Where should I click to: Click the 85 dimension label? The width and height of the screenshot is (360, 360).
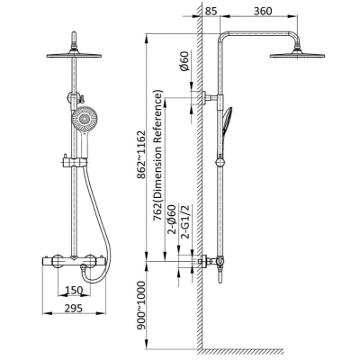pos(211,11)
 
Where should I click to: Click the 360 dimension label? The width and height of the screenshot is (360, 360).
pos(263,11)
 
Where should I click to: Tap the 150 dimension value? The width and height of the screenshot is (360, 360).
pos(74,291)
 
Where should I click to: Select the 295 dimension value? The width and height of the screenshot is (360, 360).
pos(74,308)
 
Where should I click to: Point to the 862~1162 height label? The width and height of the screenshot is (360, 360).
pos(140,155)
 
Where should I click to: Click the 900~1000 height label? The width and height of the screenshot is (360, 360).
pos(140,305)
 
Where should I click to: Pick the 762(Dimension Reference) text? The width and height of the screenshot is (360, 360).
pos(158,156)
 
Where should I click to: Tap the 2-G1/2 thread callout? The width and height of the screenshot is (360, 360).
pos(185,221)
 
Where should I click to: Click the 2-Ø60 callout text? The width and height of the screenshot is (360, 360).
pos(172,221)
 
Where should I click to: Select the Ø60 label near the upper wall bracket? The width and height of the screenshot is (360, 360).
pos(185,61)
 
